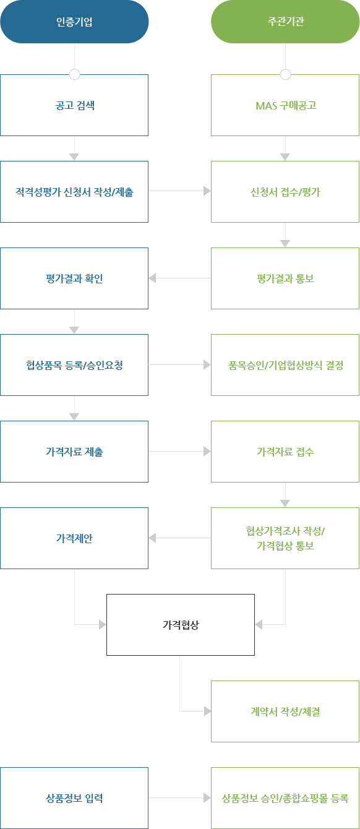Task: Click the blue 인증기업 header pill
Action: pos(74,22)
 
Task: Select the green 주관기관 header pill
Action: pos(285,22)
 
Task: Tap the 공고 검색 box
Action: pos(74,105)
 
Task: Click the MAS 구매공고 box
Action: pos(285,105)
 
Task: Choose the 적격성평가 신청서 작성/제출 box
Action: pos(74,192)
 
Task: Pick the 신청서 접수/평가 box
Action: pos(285,192)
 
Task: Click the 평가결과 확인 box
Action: pos(74,278)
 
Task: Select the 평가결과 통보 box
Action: pos(285,278)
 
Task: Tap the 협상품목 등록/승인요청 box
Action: pos(74,365)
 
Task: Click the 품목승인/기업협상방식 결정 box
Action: pos(285,365)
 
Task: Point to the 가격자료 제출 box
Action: pos(74,452)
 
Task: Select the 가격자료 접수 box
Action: pos(285,452)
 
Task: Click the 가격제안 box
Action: pos(74,538)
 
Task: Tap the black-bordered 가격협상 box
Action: pos(180,625)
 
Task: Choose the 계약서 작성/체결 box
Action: pos(285,711)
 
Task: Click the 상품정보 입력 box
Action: pos(74,798)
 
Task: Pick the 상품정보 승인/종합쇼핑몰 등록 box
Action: pos(285,798)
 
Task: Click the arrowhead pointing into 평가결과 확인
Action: pos(152,278)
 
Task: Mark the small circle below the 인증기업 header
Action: pos(75,75)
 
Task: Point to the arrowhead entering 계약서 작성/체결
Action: pos(207,711)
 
